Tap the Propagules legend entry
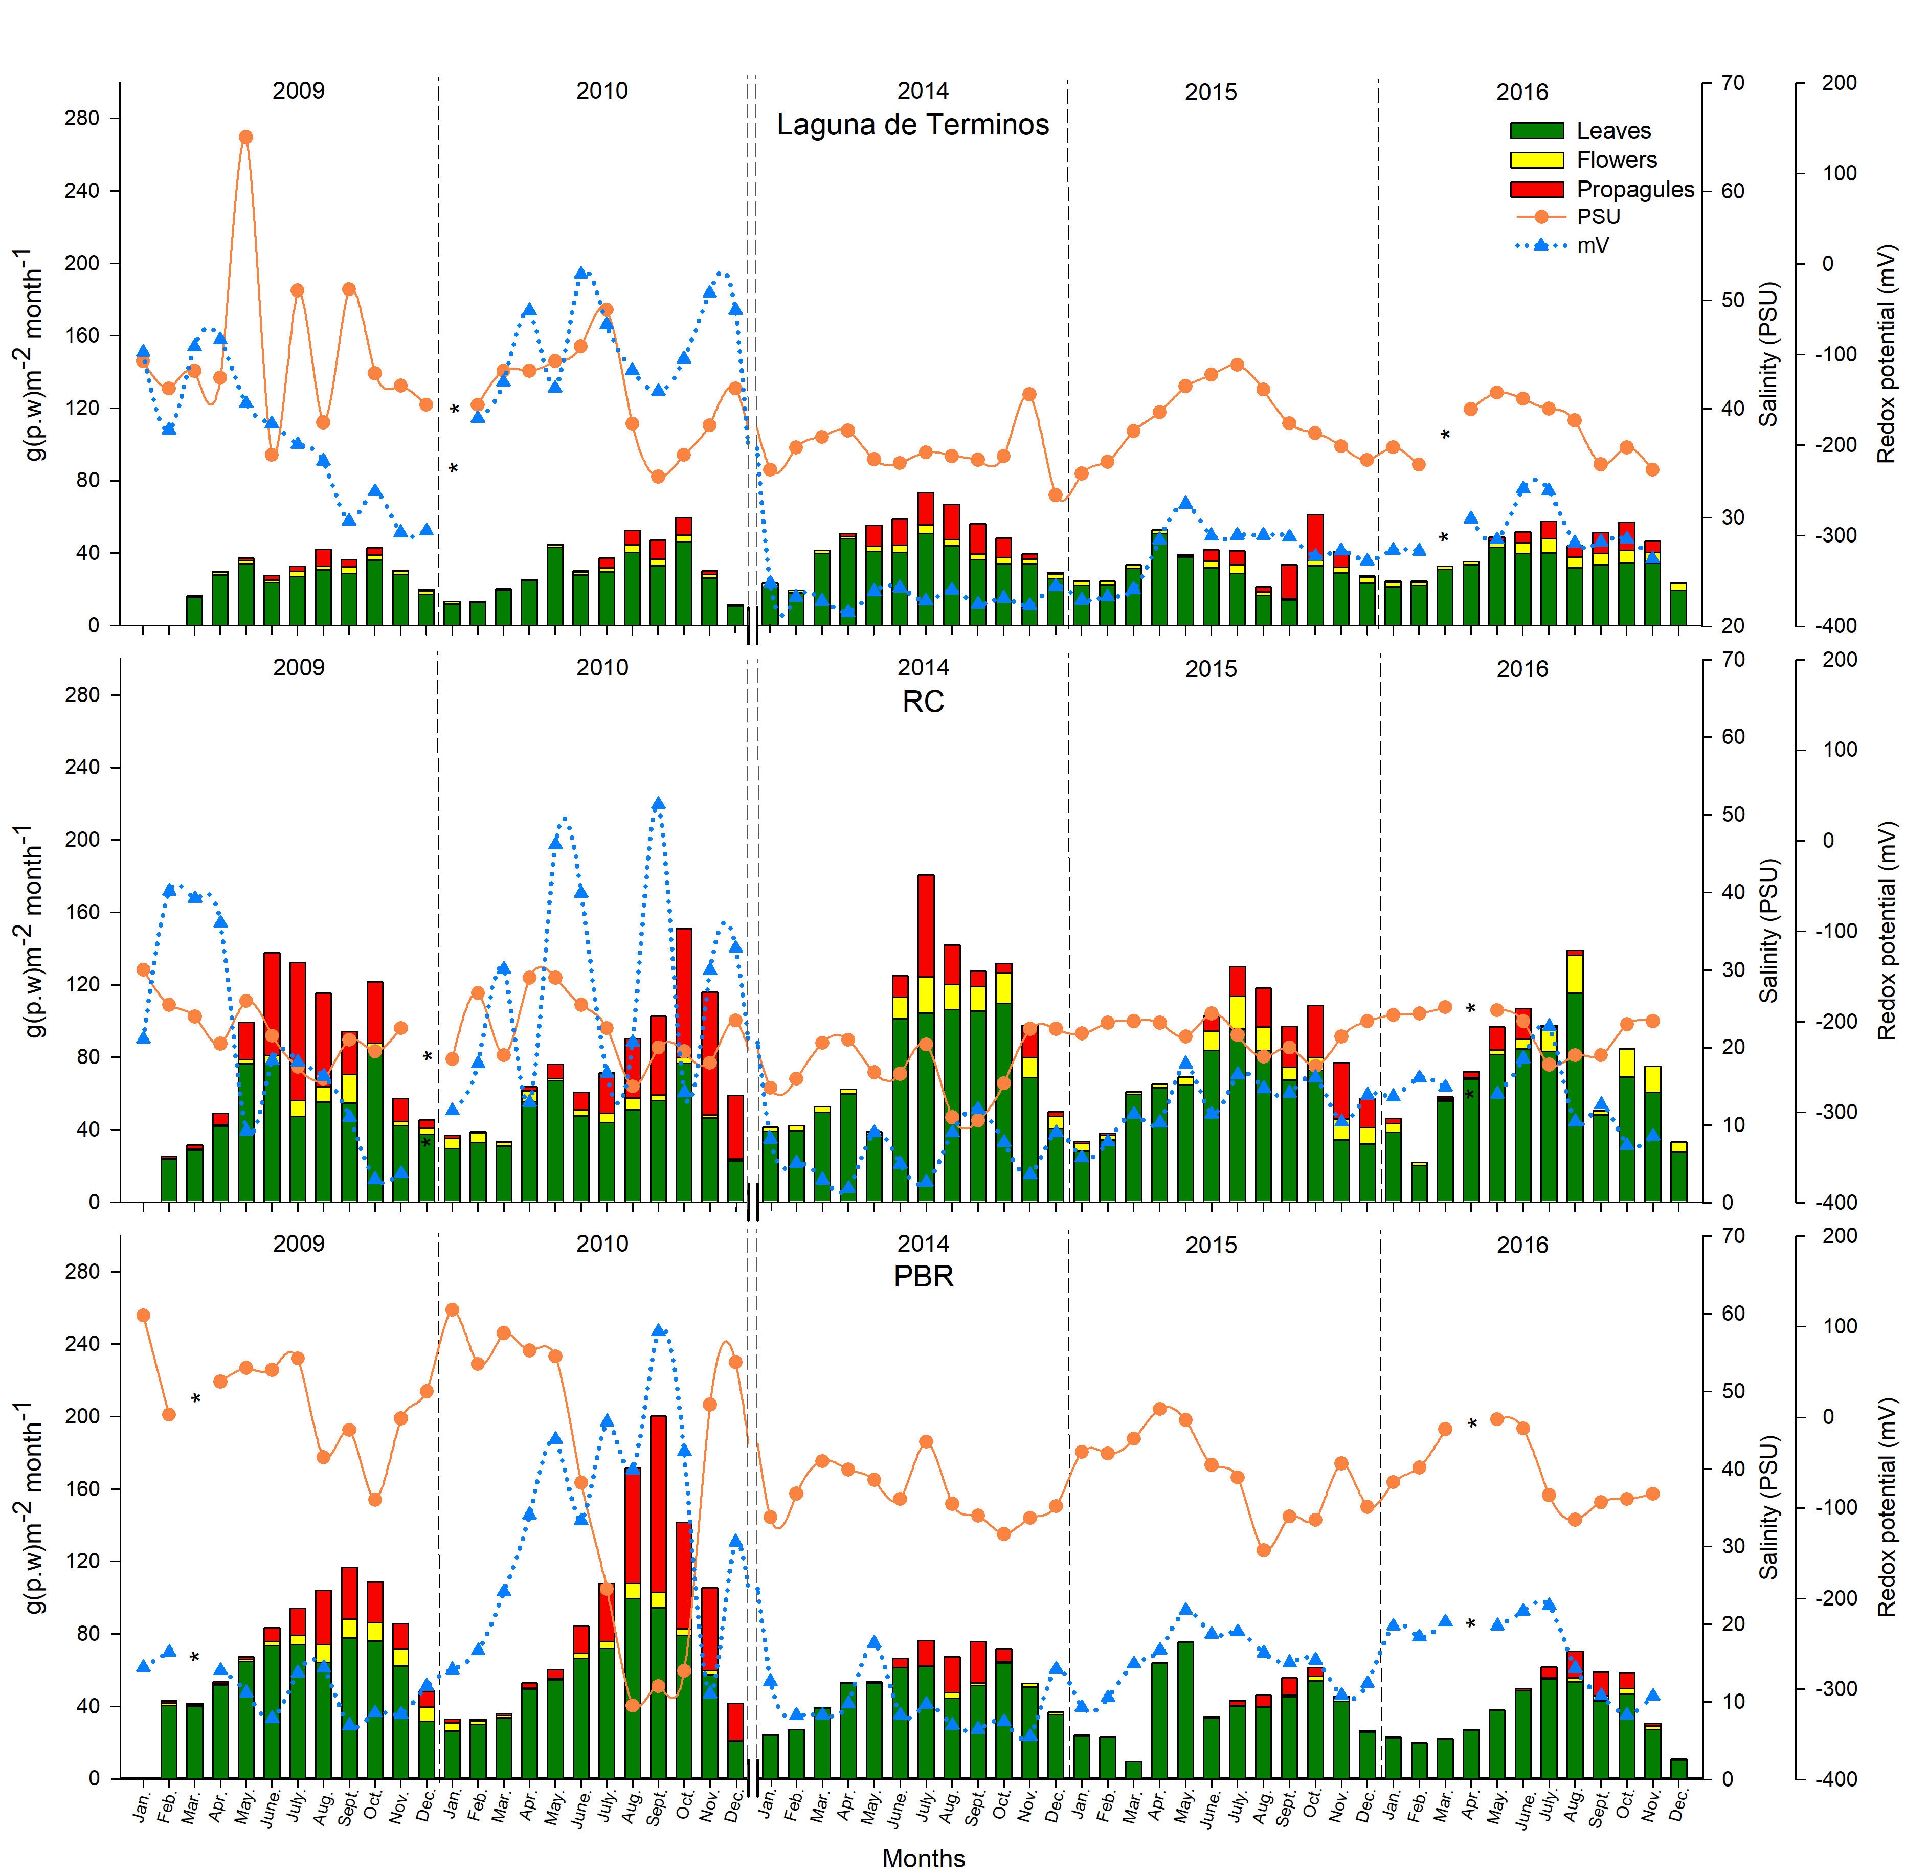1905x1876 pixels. coord(1634,189)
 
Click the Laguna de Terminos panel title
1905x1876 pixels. coord(912,125)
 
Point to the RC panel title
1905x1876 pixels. coord(923,702)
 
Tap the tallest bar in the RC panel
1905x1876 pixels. coord(926,1034)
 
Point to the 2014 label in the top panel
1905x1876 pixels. coord(923,91)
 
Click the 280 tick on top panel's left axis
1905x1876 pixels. coord(82,118)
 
